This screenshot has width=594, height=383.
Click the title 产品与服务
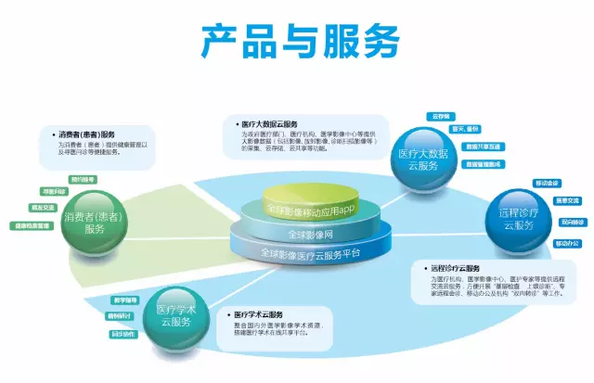(300, 41)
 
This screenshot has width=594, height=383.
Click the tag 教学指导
(125, 300)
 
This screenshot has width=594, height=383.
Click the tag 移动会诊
(546, 183)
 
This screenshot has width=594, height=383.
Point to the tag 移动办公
(565, 243)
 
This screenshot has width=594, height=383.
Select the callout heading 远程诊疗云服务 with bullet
(465, 267)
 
